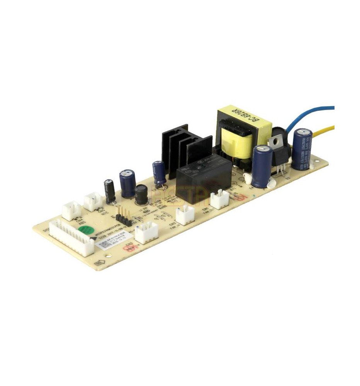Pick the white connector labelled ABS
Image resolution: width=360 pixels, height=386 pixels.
coord(71,210)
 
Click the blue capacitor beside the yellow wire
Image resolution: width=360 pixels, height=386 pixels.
coord(302,149)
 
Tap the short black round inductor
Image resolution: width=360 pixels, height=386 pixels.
coord(142,195)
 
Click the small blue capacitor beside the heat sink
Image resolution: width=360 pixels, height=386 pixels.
coord(159,172)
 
